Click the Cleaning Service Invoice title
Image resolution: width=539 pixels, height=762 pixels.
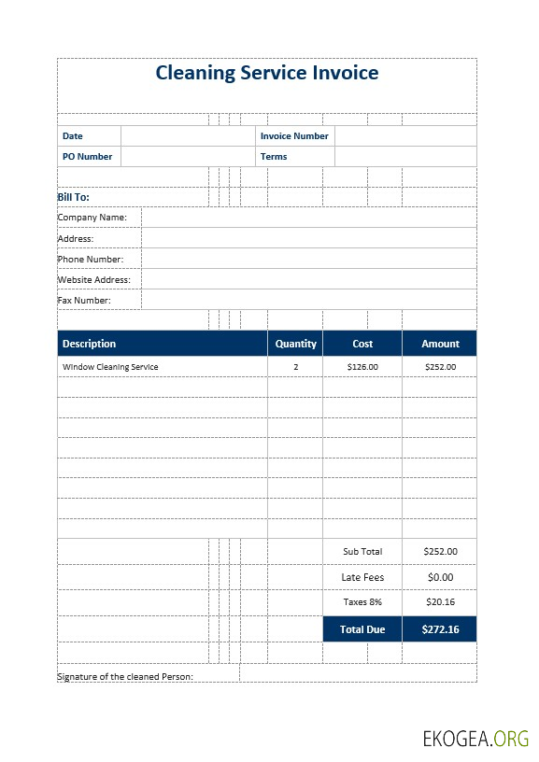coord(266,73)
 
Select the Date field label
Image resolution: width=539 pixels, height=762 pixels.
coord(72,136)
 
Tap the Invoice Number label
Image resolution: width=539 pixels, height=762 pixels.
coord(294,136)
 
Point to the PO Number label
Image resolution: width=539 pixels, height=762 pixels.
coord(87,157)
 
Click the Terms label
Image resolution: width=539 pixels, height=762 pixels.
coord(274,157)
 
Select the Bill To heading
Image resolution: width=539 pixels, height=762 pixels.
coord(73,197)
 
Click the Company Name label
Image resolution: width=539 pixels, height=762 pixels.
coord(92,218)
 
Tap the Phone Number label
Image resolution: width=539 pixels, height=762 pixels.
coord(91,259)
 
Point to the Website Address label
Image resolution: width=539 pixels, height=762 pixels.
coord(93,279)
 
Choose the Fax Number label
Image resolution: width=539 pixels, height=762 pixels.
coord(84,300)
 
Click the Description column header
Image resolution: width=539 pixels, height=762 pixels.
coord(89,344)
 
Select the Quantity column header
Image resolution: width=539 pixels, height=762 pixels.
coord(296,344)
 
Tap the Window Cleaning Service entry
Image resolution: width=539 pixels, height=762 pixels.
coord(110,367)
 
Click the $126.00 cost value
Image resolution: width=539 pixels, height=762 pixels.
coord(362,367)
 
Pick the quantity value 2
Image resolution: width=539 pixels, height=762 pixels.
coord(296,367)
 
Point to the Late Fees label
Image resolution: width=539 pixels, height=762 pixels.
coord(362,577)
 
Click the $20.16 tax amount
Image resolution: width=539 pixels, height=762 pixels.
coord(440,602)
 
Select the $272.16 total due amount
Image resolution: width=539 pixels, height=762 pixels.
coord(440,629)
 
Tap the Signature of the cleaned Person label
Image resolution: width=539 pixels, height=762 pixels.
coord(125,676)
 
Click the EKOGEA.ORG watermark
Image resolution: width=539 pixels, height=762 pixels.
coord(475,740)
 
